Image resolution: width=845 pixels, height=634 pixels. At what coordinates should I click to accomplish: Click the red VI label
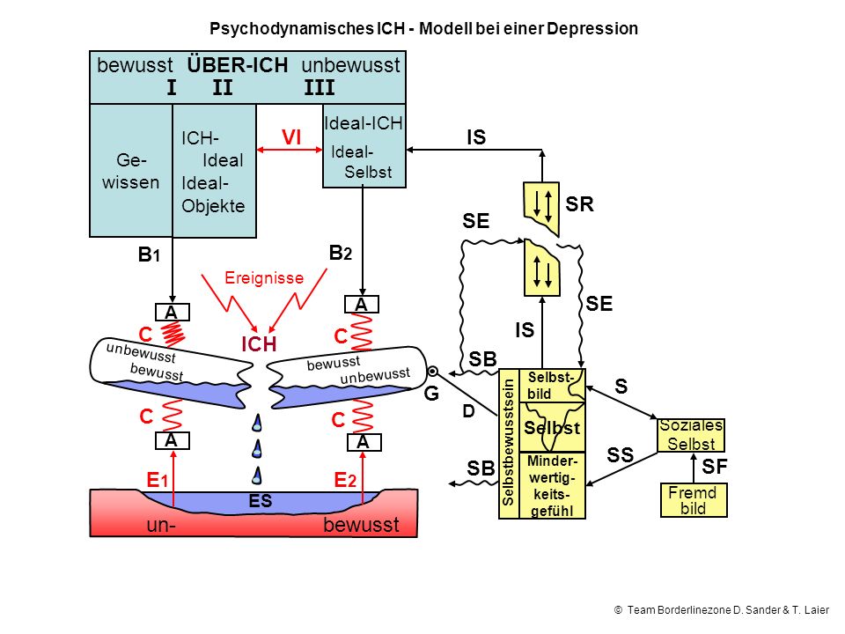291,137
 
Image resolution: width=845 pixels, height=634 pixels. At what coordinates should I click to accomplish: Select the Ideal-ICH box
364,145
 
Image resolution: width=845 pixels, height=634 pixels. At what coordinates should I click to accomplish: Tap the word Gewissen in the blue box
131,171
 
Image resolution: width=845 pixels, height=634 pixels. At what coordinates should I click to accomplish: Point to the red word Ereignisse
264,277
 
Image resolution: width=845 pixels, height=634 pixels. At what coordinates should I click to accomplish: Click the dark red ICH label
259,344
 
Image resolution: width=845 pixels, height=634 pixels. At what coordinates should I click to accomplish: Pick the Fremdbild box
694,500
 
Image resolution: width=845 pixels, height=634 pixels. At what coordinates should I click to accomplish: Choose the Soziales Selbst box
691,435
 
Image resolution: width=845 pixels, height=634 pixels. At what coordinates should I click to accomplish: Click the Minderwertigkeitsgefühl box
552,485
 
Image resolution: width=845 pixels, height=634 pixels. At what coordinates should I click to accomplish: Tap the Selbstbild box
552,386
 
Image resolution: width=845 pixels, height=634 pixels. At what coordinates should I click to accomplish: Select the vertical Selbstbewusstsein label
508,443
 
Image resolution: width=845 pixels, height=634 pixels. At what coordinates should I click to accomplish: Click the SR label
579,204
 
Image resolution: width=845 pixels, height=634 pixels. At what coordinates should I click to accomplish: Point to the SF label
715,467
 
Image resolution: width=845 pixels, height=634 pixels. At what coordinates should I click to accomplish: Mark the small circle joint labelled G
432,372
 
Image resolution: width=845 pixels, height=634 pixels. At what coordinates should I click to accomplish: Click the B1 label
149,254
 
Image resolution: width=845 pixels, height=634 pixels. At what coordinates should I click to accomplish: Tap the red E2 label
345,480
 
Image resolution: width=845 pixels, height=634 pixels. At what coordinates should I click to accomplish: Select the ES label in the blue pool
261,501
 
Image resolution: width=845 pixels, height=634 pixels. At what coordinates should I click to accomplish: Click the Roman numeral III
319,87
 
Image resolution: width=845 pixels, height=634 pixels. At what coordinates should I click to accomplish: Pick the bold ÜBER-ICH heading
238,65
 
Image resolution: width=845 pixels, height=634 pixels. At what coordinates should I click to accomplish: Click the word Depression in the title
592,28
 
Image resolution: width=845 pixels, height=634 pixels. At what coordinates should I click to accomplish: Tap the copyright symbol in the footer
618,609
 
